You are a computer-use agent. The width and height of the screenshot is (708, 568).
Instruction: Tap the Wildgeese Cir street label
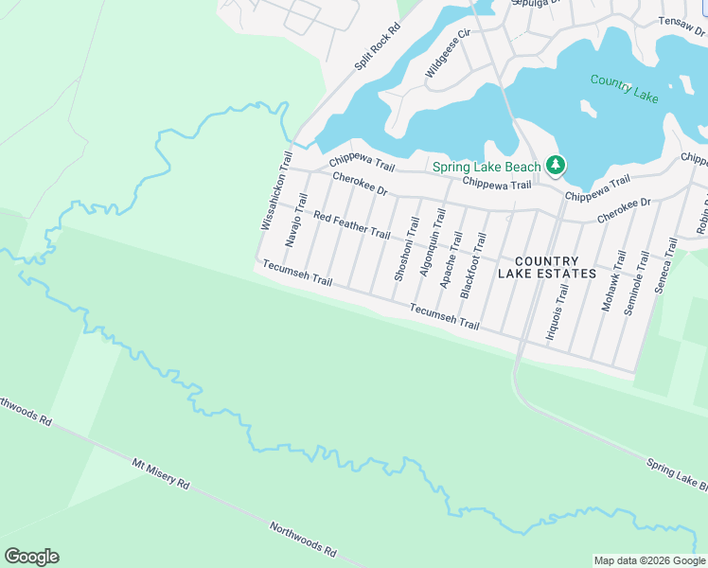447,54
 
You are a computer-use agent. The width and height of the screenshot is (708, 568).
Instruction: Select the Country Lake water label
624,87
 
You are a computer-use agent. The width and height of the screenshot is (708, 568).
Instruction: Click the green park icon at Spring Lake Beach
556,167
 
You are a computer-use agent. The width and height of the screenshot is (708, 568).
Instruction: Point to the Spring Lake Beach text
487,168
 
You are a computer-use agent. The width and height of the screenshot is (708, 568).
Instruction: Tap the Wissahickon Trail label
273,189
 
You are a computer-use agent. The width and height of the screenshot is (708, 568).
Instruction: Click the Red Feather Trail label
351,225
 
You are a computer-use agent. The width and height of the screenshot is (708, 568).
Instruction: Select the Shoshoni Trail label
406,248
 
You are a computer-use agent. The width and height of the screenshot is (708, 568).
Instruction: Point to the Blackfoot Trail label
472,266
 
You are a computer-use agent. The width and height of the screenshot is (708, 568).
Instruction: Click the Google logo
31,557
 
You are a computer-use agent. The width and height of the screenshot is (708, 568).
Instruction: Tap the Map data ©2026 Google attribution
648,560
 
